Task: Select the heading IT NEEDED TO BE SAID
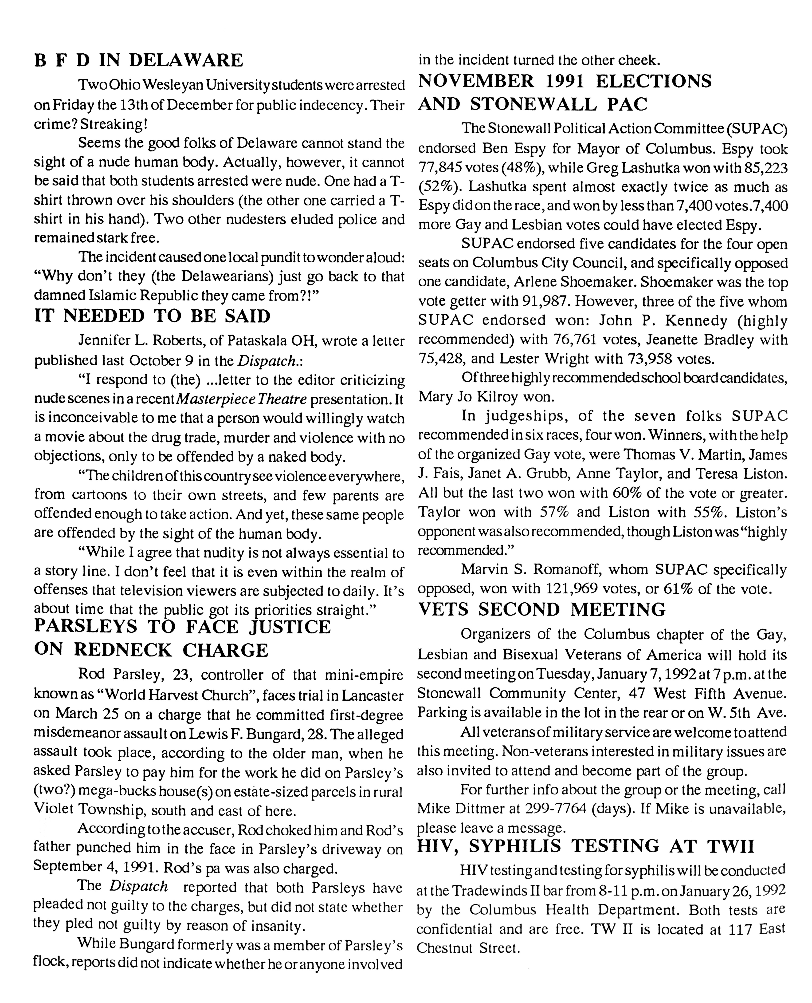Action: click(x=153, y=316)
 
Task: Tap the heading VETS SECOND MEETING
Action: click(x=542, y=610)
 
